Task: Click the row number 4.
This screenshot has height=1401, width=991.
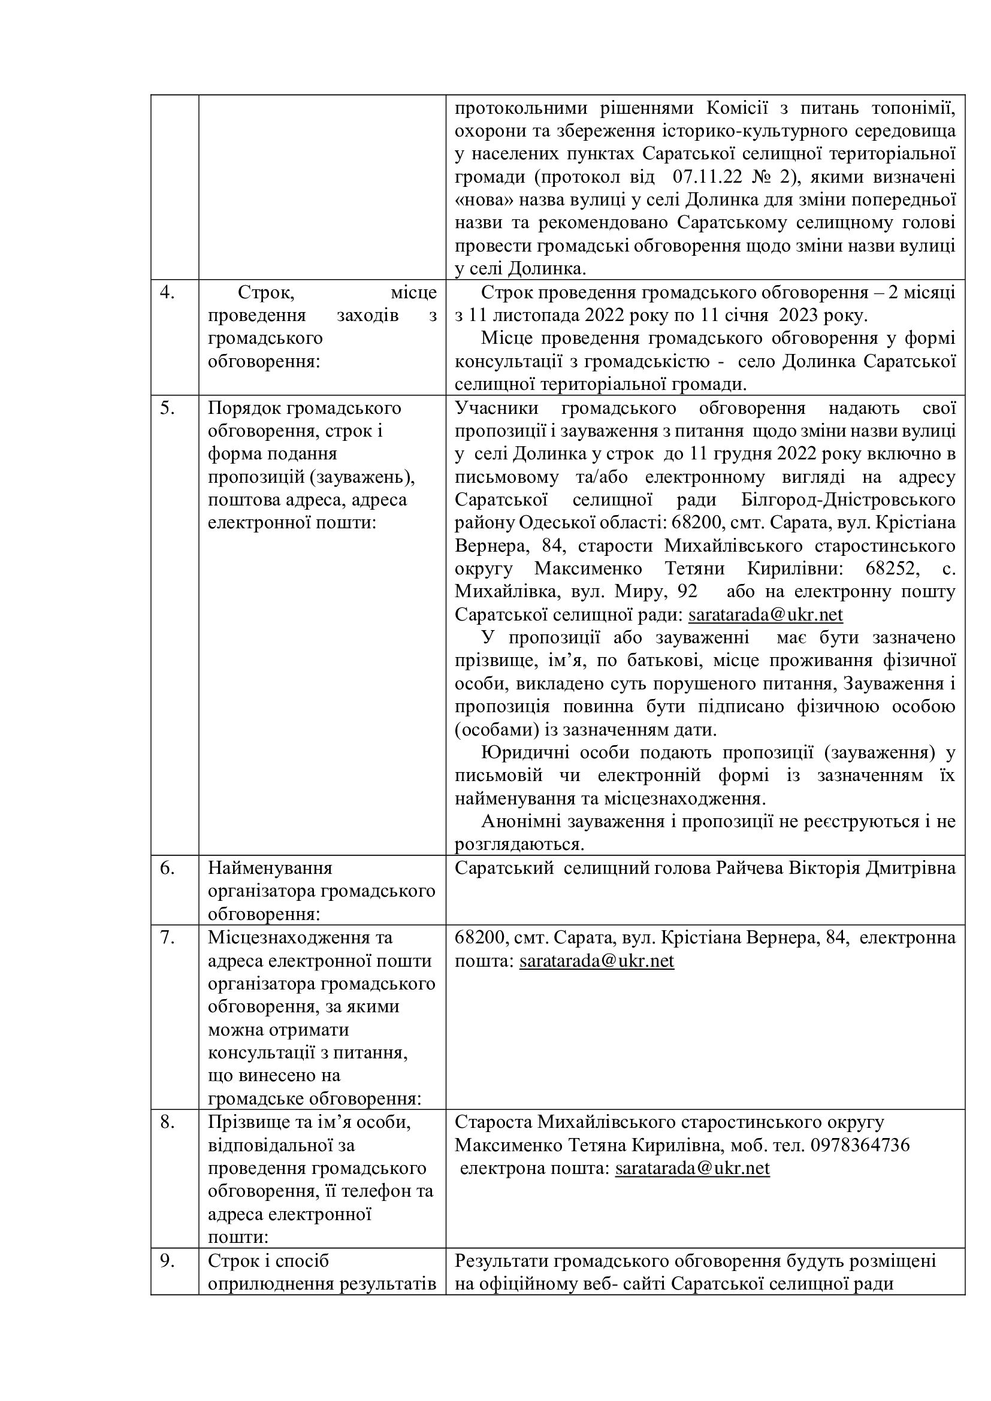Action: [x=167, y=293]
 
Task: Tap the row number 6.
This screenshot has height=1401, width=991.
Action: [x=167, y=868]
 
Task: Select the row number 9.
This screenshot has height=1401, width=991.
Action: [x=167, y=1261]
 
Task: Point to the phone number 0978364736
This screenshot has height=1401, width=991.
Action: [x=860, y=1145]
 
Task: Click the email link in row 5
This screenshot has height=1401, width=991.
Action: [x=765, y=615]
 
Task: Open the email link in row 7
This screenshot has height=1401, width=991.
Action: [x=596, y=960]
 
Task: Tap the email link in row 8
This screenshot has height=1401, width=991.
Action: [x=692, y=1168]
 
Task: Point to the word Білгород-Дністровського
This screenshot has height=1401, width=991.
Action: [x=848, y=500]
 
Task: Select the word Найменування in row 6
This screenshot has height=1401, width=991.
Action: [x=270, y=868]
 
